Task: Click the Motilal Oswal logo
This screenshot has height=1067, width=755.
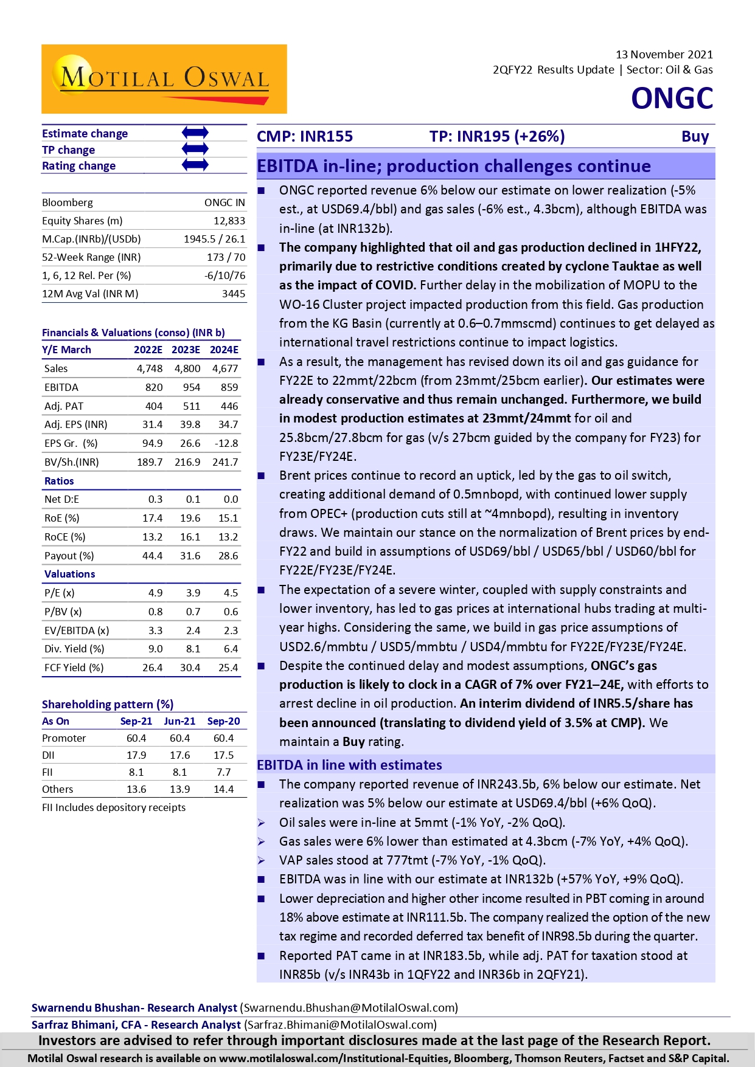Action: [x=164, y=79]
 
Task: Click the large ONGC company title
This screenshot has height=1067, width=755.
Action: [x=672, y=98]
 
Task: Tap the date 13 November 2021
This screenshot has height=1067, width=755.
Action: [x=664, y=55]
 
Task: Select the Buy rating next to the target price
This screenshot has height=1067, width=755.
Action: [x=695, y=136]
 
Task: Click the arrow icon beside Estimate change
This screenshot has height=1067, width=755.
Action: [x=195, y=133]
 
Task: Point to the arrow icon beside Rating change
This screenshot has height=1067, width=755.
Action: [x=195, y=165]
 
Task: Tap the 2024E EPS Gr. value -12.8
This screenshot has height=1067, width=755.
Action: [x=227, y=443]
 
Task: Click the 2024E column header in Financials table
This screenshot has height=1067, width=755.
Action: [x=224, y=350]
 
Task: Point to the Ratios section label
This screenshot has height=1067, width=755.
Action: [x=59, y=481]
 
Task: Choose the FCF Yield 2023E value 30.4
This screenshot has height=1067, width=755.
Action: [x=190, y=668]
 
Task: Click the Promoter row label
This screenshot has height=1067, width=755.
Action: [x=64, y=738]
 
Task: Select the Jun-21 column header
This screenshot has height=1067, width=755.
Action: [x=179, y=721]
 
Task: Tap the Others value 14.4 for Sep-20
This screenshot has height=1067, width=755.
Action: [x=223, y=789]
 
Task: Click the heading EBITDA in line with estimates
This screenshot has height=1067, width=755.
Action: [x=349, y=765]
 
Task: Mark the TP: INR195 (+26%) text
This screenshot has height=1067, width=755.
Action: [x=496, y=136]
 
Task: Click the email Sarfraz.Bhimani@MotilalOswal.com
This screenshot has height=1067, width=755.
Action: [x=341, y=1025]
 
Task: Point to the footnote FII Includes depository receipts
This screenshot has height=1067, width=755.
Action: [x=114, y=807]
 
